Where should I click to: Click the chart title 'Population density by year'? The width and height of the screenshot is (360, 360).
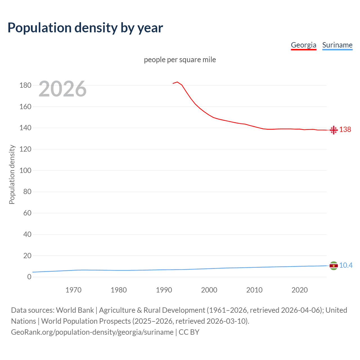85,28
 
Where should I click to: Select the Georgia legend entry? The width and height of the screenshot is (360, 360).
303,45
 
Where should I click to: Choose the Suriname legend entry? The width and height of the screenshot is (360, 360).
337,45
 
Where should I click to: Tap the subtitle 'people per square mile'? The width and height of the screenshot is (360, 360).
180,60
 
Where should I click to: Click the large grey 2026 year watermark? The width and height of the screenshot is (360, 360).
62,89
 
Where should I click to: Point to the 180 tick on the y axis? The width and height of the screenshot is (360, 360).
25,85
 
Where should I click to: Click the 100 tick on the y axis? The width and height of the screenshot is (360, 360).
25,170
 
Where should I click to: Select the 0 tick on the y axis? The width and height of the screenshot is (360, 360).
29,277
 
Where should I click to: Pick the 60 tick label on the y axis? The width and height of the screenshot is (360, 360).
27,213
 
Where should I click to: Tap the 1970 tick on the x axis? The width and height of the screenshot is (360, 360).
73,290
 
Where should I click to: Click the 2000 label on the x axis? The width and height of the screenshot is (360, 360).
209,290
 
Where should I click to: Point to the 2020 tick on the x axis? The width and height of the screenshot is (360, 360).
300,290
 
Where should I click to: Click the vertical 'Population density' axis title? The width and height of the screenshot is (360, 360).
12,174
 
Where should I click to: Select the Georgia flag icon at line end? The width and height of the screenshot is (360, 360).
334,130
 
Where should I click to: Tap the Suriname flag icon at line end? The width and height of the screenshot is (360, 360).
334,265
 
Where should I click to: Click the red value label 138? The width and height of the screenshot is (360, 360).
345,129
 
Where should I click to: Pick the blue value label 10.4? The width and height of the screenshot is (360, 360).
346,265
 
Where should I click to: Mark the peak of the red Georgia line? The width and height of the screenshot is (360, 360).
177,82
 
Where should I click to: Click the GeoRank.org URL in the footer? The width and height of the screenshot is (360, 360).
92,332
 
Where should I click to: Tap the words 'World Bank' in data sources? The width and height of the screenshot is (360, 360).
75,310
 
